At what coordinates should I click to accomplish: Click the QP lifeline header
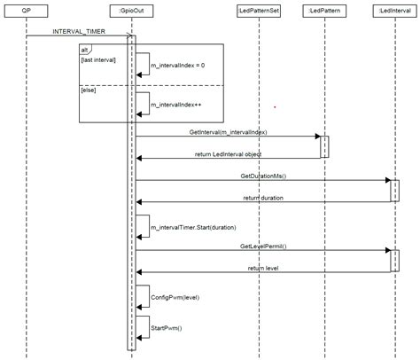pos(27,9)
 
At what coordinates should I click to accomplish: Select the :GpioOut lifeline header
pos(133,9)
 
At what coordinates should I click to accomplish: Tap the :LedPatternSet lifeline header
pos(259,9)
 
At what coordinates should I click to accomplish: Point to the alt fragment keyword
pos(85,50)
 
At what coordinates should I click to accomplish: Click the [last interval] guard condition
pos(98,59)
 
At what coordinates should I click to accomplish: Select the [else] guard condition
pos(89,90)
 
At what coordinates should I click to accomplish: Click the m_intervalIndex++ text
pos(176,104)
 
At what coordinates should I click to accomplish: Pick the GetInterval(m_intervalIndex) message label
pos(228,132)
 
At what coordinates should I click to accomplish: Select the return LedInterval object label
pos(229,154)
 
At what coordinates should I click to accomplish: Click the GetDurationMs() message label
pos(263,176)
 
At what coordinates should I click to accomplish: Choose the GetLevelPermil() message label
pos(263,245)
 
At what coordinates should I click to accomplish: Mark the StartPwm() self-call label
pos(167,328)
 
